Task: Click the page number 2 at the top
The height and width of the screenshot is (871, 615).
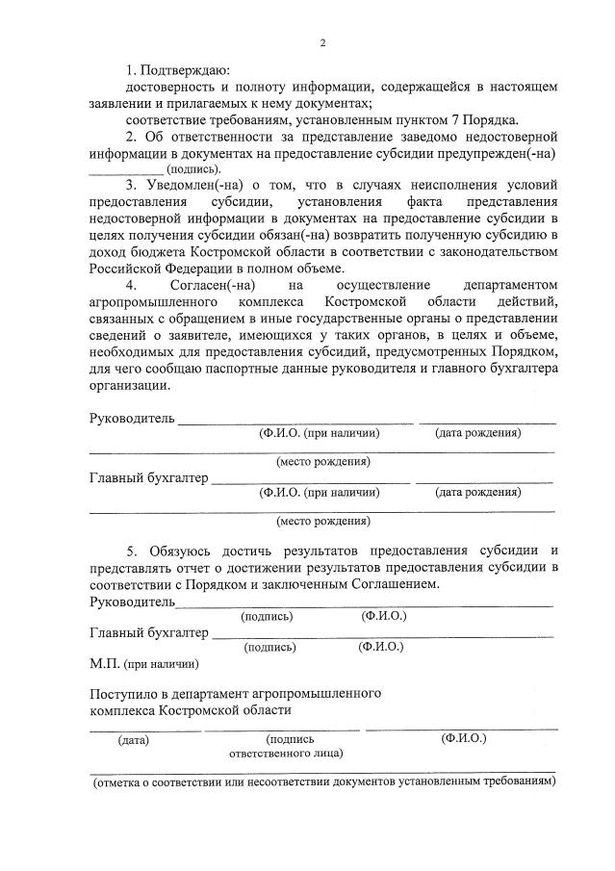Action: [323, 42]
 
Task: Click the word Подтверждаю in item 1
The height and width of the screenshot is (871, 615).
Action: [184, 70]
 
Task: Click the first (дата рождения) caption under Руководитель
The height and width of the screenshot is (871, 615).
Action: [477, 434]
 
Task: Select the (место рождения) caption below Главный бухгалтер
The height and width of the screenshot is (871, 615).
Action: [322, 522]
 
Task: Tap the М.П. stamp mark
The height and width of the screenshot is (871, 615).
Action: [103, 663]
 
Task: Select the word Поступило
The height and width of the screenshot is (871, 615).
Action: [123, 693]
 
